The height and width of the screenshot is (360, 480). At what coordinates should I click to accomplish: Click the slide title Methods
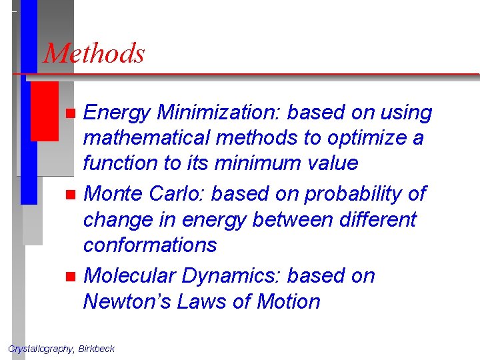pyautogui.click(x=94, y=53)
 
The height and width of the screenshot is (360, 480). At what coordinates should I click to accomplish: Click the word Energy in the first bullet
pyautogui.click(x=116, y=113)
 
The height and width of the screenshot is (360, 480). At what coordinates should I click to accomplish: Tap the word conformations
pyautogui.click(x=150, y=245)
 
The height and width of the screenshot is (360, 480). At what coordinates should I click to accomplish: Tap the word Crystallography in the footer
pyautogui.click(x=41, y=349)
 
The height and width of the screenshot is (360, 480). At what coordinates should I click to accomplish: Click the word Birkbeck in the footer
pyautogui.click(x=96, y=349)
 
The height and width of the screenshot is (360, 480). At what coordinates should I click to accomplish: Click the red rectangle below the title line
pyautogui.click(x=45, y=111)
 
